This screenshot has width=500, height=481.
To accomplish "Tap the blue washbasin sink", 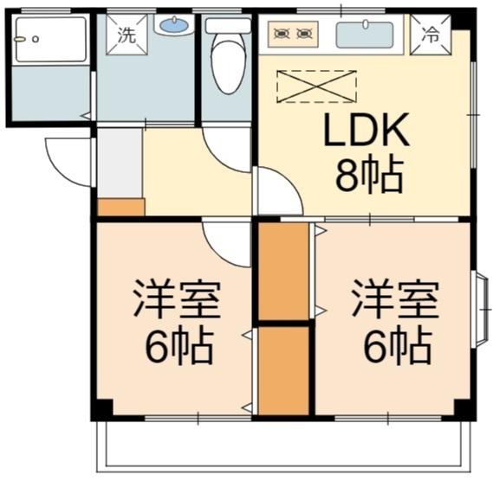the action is pos(174,25).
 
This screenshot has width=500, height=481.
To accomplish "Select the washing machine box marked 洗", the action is pos(127,35).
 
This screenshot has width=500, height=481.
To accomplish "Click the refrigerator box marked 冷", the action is pos(431,35).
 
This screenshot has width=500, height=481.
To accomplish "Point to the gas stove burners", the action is pos(293,34).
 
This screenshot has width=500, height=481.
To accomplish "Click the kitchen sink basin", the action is pos(365,35).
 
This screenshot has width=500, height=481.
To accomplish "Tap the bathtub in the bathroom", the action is pos(51,40).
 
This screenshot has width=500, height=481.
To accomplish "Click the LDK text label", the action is pos(367,130).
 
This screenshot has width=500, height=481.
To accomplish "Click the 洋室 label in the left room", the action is pos(177,299).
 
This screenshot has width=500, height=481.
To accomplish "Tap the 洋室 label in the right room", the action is pos(395,299).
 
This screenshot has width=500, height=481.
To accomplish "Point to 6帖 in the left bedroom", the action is pos(179,345).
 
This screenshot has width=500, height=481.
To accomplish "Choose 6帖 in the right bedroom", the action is pos(398,345).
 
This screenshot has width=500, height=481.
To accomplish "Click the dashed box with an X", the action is pos(316,87).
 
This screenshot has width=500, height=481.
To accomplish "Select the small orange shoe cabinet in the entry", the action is pos(121,207).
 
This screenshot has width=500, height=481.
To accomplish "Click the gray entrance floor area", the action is pos(120,163).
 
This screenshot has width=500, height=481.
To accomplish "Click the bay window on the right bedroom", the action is pos(481,309).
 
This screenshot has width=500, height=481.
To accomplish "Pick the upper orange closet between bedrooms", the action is pos(283,272).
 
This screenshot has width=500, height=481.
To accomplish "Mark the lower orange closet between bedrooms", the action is pos(283,371).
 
